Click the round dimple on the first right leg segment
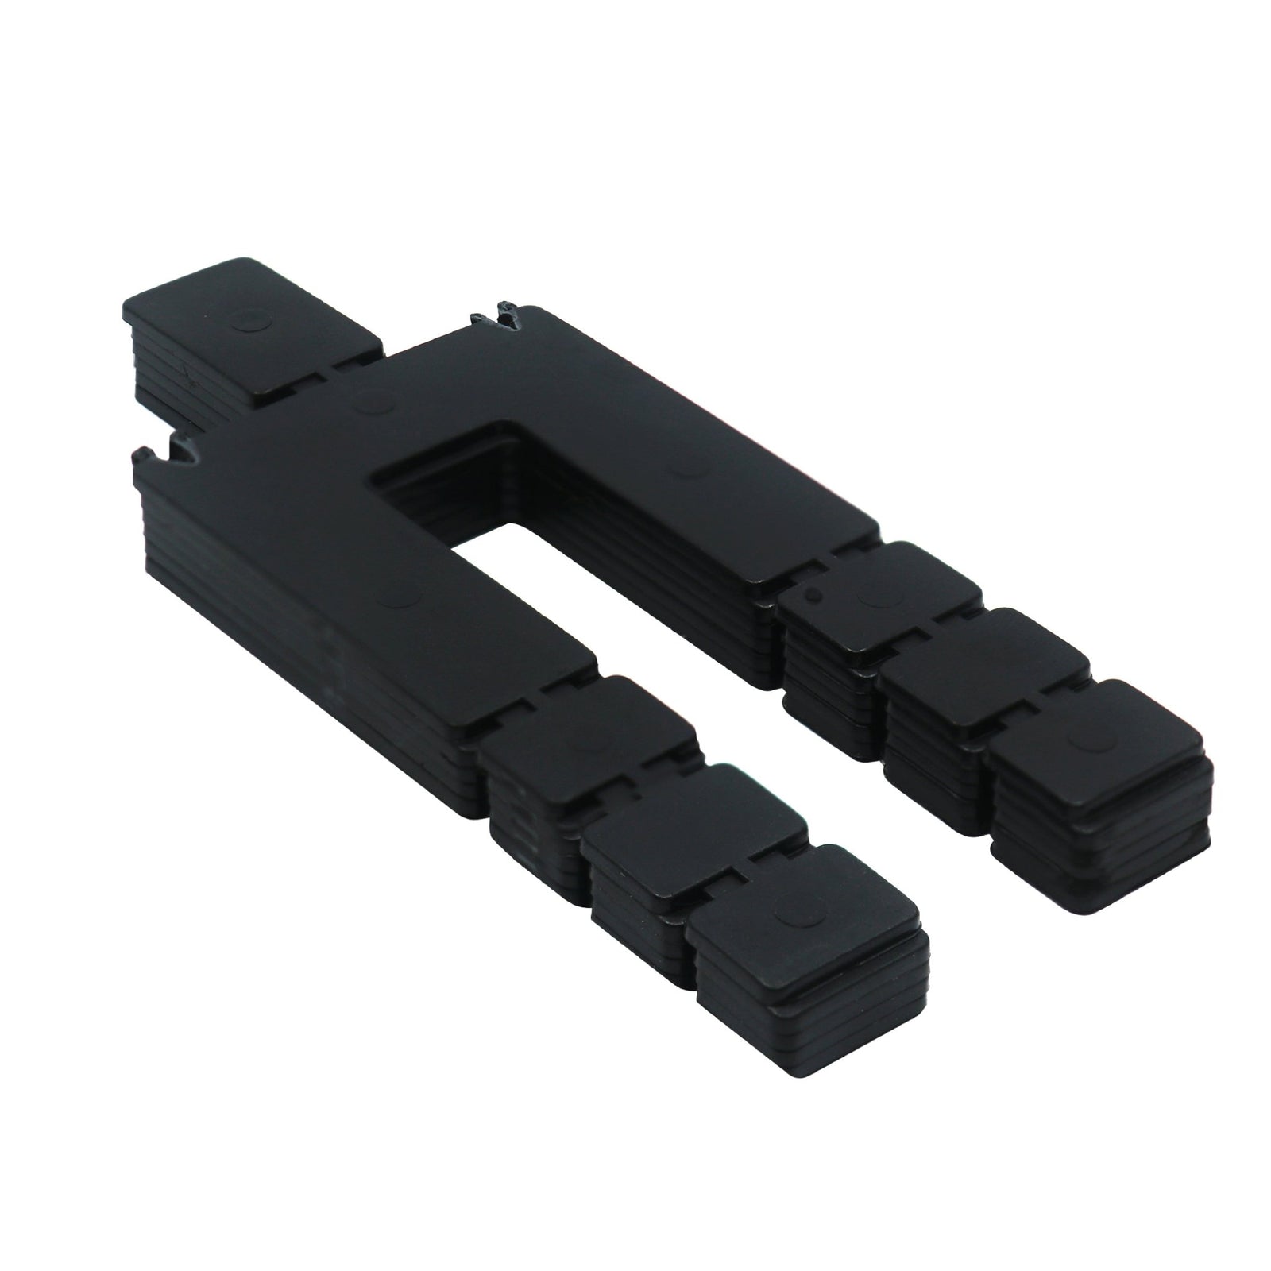pyautogui.click(x=874, y=595)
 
